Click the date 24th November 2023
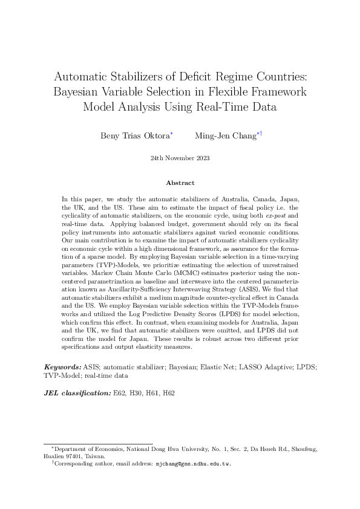click(x=180, y=158)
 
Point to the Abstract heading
click(x=180, y=183)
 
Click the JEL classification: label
click(x=77, y=394)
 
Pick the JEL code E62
click(x=120, y=394)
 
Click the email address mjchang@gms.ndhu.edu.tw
click(x=194, y=464)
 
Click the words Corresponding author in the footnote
click(x=82, y=464)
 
